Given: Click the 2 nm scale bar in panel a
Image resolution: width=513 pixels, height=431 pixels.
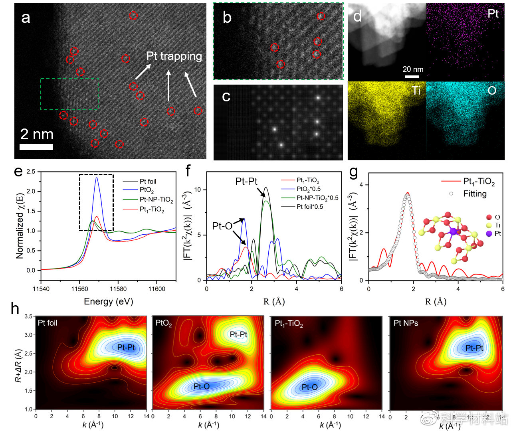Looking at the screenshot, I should [x=36, y=147].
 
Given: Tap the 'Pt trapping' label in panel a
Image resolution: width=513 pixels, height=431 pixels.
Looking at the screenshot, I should [x=174, y=56].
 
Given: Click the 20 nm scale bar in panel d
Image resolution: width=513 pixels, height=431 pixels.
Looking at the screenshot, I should [x=412, y=76].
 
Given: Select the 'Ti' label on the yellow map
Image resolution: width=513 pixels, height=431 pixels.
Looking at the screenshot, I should [x=416, y=91].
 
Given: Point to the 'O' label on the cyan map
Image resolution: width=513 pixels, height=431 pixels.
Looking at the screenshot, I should [x=492, y=91].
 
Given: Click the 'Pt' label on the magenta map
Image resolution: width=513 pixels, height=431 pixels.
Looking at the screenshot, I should [x=493, y=14].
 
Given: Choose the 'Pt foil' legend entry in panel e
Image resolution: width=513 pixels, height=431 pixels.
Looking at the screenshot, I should [x=148, y=182].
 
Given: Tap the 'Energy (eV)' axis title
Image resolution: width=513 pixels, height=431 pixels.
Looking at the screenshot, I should [x=108, y=301].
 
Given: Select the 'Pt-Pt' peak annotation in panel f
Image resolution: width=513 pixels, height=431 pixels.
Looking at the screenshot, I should [x=246, y=182].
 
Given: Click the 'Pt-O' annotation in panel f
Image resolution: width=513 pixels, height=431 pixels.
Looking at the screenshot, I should [x=222, y=226].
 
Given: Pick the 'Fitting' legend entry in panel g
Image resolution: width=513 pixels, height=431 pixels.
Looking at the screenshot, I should [x=475, y=194].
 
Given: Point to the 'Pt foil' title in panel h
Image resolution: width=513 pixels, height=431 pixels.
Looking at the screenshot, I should [x=48, y=322].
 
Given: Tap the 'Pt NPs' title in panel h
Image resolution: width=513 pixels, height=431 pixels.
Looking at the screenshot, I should [x=406, y=323].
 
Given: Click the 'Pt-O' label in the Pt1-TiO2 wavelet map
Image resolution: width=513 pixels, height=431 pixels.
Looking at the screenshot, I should [x=309, y=387].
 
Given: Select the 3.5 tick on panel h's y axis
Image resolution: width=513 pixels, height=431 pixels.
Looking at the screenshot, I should [x=28, y=316].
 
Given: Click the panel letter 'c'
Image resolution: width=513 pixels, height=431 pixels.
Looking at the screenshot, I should [x=226, y=97].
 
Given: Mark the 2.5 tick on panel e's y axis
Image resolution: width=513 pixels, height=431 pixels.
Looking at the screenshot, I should [x=31, y=172].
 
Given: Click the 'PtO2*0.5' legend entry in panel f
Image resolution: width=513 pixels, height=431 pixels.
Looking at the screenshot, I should [x=308, y=189].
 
